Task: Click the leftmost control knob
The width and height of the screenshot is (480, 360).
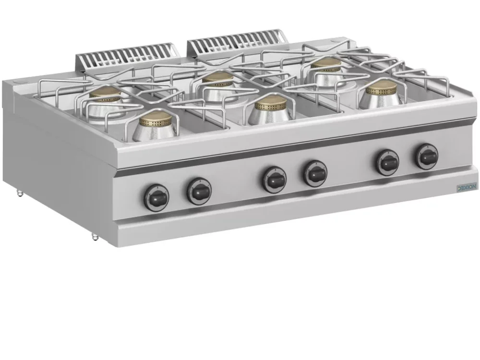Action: (156, 198)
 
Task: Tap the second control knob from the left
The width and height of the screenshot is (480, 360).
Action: (199, 192)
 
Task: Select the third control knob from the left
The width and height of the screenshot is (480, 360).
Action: (274, 180)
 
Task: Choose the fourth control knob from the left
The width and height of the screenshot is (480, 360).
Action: (315, 173)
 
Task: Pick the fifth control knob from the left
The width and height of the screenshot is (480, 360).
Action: (388, 162)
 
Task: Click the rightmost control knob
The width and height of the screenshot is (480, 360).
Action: (427, 156)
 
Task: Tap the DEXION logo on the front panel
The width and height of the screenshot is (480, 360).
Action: (467, 187)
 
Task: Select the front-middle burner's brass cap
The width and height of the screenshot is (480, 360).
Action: (271, 103)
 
